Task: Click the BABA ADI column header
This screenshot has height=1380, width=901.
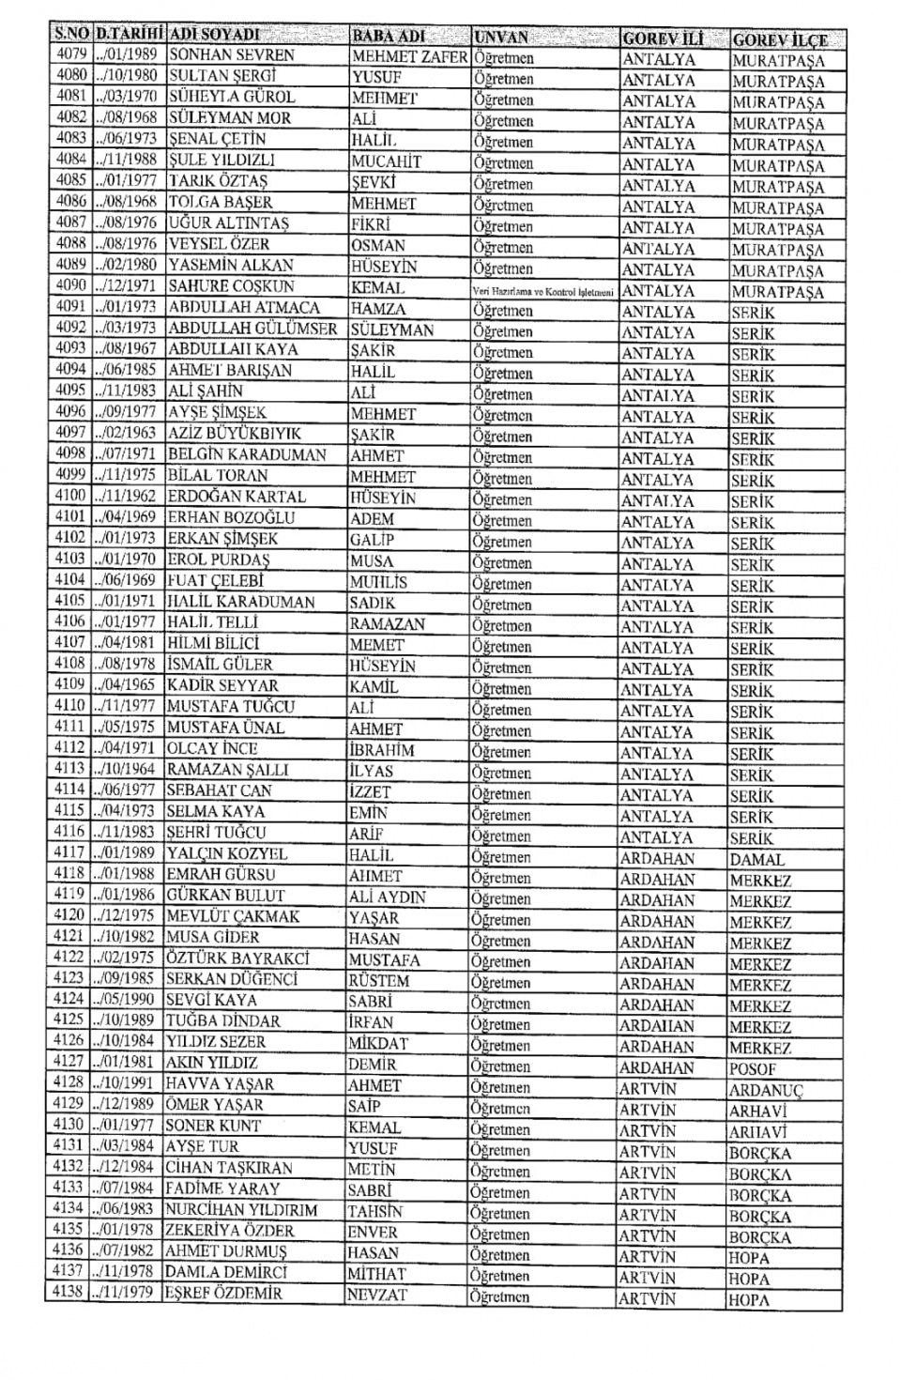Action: pos(388,37)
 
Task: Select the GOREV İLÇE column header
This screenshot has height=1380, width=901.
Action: pos(780,39)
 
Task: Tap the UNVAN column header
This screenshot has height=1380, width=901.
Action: pos(501,38)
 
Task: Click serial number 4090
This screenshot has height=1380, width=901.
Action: pos(71,285)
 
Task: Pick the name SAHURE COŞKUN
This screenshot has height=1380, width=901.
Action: pos(231,286)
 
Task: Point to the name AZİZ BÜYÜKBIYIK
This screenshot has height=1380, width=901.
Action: pos(235,434)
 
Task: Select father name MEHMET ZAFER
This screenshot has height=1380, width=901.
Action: pos(408,56)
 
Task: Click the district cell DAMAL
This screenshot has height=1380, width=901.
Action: pos(756,859)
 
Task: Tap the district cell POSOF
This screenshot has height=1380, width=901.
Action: pos(753,1068)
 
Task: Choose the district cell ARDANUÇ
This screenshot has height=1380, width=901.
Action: pos(766,1090)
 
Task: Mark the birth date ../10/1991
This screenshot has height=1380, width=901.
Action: pos(125,1083)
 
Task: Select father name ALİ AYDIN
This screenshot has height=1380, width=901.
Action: pos(387,897)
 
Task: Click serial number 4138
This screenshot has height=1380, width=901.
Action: pos(68,1293)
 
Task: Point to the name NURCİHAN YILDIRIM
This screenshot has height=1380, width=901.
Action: pos(241,1210)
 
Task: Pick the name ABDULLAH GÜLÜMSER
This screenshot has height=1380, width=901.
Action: pos(252,329)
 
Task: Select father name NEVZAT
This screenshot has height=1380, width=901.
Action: pos(377,1295)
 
